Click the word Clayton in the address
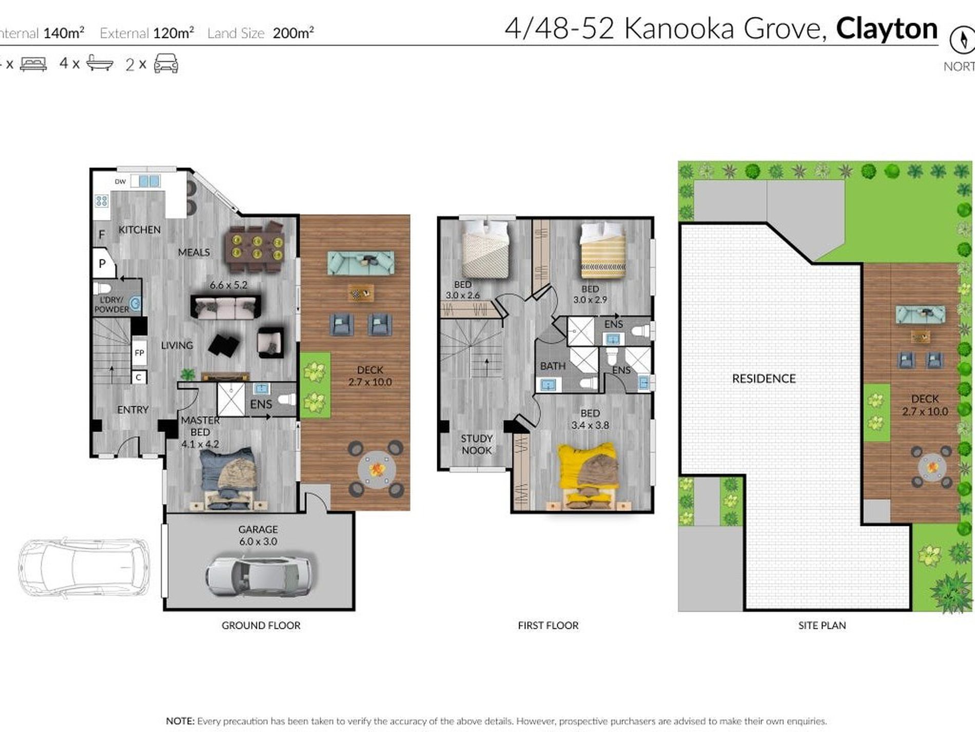click(887, 29)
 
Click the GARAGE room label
click(258, 529)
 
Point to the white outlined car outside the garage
click(84, 567)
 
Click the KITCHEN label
click(140, 230)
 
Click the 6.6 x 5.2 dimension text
click(228, 285)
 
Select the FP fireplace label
click(139, 353)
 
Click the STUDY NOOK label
click(477, 444)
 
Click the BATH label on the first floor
click(553, 366)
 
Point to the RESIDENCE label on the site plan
click(764, 379)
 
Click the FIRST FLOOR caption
click(548, 625)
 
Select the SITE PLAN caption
click(822, 625)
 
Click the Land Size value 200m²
click(293, 33)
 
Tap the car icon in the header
click(166, 64)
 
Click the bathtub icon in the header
click(100, 63)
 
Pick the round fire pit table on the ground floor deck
click(377, 468)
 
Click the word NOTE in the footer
click(180, 721)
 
